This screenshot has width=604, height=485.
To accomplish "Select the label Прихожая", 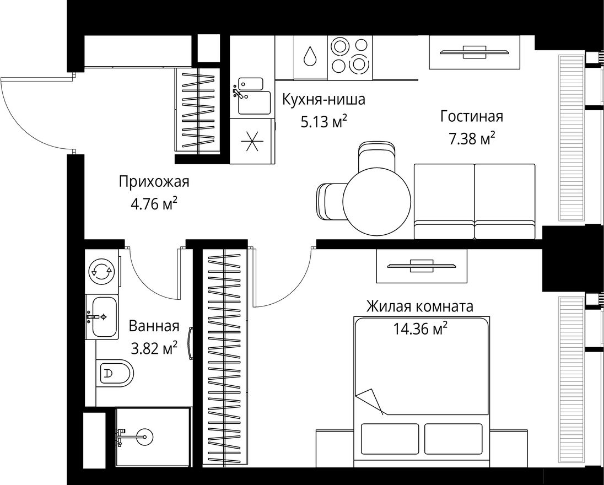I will click(154, 181).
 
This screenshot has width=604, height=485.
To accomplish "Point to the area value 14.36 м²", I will click(420, 329).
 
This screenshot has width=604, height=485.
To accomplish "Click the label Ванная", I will click(154, 326).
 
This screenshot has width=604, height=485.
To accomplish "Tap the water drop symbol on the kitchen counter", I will click(311, 56).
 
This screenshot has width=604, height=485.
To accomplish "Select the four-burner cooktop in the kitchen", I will click(349, 56).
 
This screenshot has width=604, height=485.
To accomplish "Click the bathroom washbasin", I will click(102, 317).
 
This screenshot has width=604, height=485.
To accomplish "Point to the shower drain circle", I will click(145, 436).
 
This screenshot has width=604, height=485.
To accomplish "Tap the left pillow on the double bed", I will click(388, 438).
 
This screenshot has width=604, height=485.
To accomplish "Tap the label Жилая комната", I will click(419, 306).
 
